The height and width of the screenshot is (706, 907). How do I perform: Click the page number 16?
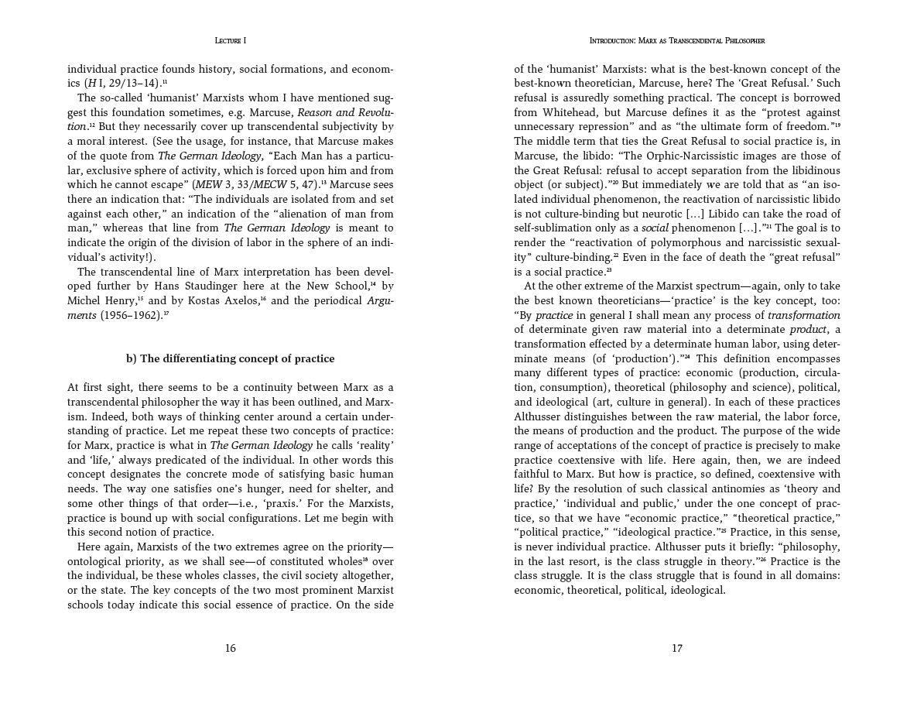(x=231, y=649)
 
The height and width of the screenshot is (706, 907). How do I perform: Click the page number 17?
(x=677, y=649)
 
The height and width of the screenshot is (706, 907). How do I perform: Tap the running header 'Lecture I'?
(x=230, y=40)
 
